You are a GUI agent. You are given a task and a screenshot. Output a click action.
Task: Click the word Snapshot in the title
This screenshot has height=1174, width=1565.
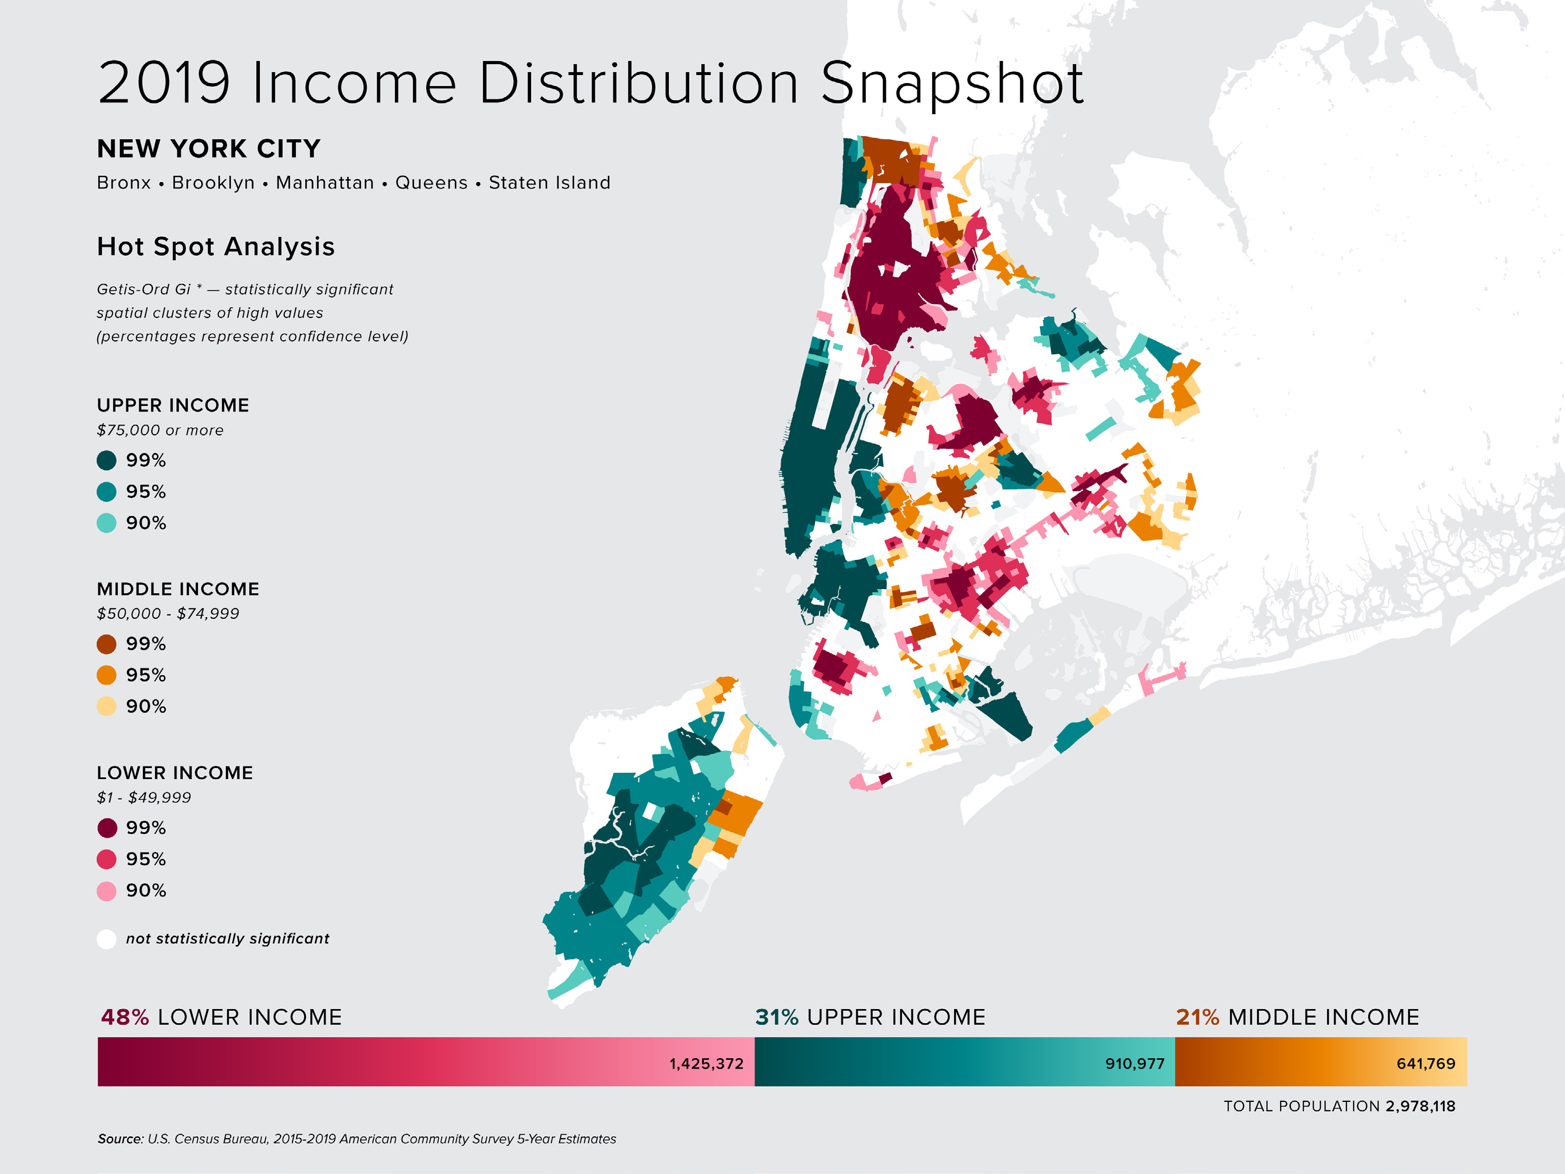pos(952,83)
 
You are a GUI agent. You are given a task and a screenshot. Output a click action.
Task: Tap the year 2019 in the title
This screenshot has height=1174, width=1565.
pos(164,83)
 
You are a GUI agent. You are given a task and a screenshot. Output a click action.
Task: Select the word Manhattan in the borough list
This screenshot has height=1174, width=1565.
pos(325,183)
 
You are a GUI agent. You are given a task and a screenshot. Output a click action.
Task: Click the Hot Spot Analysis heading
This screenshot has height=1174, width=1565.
pos(216,246)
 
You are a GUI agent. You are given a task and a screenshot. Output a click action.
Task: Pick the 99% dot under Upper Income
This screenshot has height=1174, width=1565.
pos(106,461)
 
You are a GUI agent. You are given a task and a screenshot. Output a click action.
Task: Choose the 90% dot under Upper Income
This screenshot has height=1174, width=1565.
pos(106,523)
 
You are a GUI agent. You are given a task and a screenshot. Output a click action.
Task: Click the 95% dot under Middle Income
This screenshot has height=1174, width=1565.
pos(106,675)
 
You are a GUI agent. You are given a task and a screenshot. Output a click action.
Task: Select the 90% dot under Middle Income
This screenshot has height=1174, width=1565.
pos(106,706)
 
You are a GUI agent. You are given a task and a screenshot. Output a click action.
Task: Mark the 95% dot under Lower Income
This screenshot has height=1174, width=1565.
pos(106,859)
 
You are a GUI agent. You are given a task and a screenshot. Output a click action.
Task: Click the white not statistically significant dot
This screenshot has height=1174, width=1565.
pos(106,939)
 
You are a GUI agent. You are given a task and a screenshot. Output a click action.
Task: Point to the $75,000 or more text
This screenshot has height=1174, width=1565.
pos(160,430)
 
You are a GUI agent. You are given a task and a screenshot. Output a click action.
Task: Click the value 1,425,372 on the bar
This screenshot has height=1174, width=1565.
pos(706,1063)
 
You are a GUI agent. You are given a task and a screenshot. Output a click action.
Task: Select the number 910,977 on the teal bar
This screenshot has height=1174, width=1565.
pos(1134,1063)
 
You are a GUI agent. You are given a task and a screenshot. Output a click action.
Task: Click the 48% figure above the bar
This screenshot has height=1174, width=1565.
pos(125,1017)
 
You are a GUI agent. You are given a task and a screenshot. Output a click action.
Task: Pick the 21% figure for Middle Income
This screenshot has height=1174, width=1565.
pos(1197,1017)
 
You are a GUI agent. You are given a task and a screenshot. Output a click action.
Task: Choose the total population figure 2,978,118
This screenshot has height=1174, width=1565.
pos(1420,1106)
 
